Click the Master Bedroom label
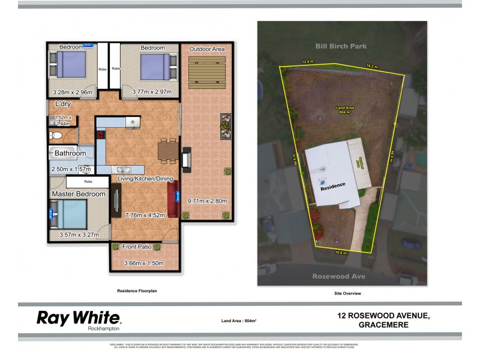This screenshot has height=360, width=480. [x=79, y=194]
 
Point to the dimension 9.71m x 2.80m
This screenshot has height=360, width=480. [x=207, y=200]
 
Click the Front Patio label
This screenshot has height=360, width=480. [x=136, y=247]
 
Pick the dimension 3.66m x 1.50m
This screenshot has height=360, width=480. [x=143, y=263]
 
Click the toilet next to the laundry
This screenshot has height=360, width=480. [x=55, y=136]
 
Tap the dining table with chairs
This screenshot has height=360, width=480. [x=167, y=150]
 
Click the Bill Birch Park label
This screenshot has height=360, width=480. [x=341, y=46]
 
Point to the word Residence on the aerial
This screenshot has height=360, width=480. [x=332, y=187]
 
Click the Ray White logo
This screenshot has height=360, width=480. [x=79, y=319]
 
